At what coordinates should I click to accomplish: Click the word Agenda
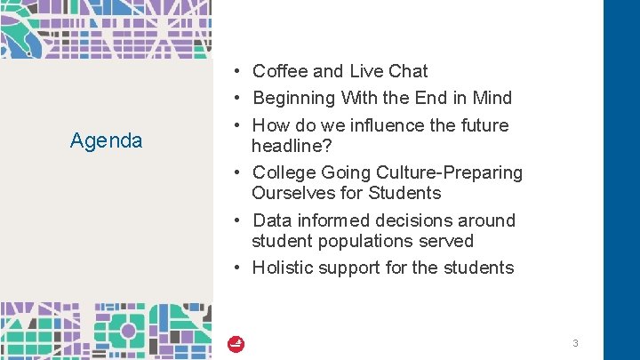coord(106,140)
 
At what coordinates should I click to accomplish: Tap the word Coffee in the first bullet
coord(280,71)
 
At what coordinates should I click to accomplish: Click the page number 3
coord(575,343)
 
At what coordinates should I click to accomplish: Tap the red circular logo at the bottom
coord(236,344)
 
